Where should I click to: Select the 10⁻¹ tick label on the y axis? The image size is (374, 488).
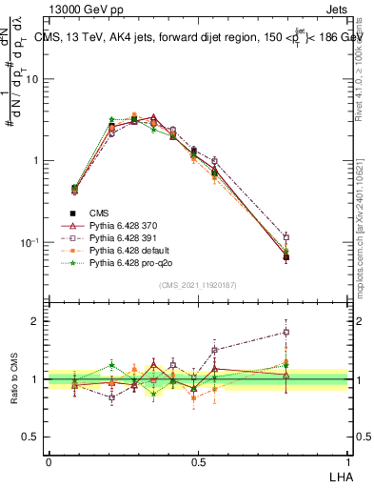point(30,242)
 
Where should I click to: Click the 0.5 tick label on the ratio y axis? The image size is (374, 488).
point(30,437)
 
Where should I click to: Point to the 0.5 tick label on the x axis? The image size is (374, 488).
point(198,460)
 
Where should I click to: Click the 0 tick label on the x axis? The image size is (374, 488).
point(49,460)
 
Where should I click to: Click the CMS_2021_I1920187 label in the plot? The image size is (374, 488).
point(198,285)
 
